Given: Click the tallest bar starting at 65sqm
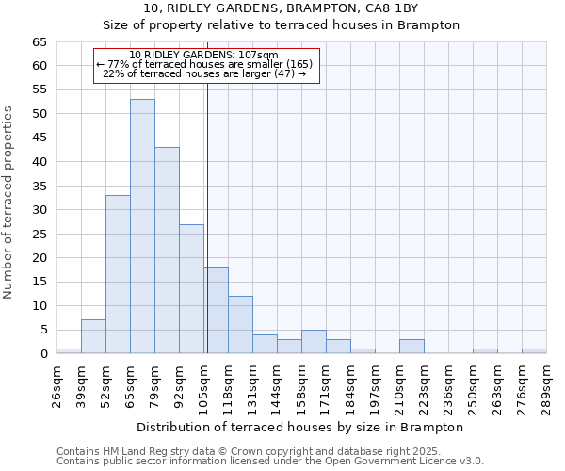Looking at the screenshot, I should click(x=142, y=226).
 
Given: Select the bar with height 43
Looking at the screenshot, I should click(x=167, y=251).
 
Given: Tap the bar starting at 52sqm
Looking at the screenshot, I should click(x=118, y=274).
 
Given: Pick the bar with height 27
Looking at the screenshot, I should click(x=191, y=288).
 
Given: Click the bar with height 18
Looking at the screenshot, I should click(x=216, y=310).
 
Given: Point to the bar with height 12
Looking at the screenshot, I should click(x=240, y=324).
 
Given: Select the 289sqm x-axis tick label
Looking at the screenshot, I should click(x=546, y=383).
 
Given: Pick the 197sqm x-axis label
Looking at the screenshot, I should click(x=375, y=383).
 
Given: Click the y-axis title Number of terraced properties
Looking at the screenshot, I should click(x=8, y=202).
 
